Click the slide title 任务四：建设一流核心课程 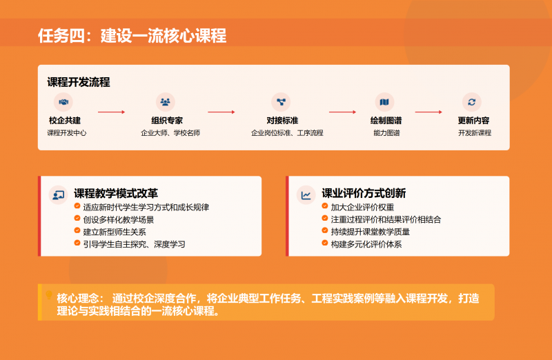pos(132,36)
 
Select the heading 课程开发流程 pos(79,82)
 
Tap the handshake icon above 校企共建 pos(64,102)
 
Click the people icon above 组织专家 pos(166,102)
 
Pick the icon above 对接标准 pos(281,102)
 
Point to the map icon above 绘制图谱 pos(384,102)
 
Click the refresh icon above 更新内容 pos(472,102)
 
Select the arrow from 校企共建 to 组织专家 pos(111,111)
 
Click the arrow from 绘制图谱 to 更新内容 pos(428,111)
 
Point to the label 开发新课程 pos(475,132)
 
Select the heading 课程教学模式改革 pos(116,194)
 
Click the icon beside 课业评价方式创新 pos(306,195)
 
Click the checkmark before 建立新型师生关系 pos(77,231)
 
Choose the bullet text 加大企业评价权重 pos(362,207)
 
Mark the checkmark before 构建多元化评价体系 pos(324,243)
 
